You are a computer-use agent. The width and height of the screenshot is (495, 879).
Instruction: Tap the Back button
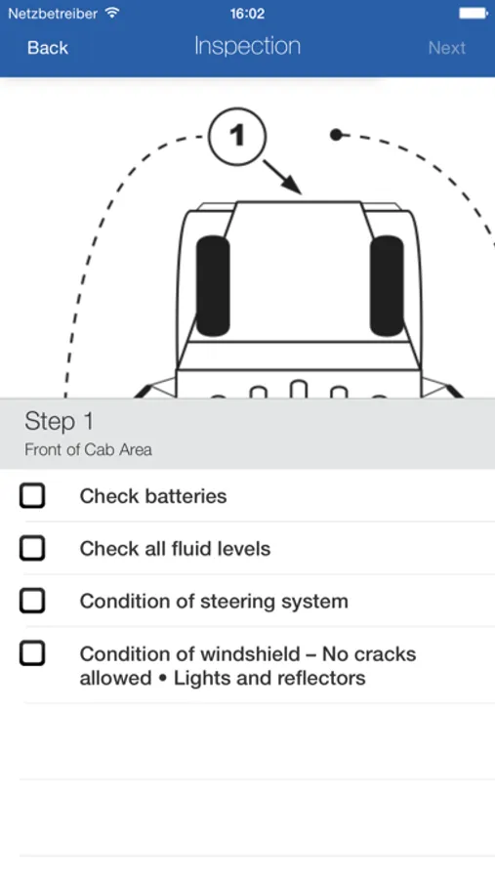coord(48,48)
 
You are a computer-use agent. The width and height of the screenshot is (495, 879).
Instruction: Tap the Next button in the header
coord(447,48)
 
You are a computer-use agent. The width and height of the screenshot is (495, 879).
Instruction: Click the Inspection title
coord(247,47)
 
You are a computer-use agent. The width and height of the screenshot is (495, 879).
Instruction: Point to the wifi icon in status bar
coord(112,13)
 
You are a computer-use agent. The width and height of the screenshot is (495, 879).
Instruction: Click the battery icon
coord(474,13)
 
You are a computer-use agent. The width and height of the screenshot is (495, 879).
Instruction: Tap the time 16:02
coord(247,14)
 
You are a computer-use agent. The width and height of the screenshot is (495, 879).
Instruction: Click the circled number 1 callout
coord(236,136)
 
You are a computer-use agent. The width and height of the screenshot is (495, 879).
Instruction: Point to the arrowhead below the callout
coord(293,185)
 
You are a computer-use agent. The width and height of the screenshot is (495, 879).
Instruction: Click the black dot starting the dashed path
coord(336,135)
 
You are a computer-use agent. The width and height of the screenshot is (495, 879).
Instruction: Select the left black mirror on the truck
coord(213,286)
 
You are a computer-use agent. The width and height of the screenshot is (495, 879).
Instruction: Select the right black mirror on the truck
coord(387,286)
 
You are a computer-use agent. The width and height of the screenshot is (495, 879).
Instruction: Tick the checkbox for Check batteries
coord(32,496)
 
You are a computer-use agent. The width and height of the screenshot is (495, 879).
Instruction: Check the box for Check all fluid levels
coord(32,548)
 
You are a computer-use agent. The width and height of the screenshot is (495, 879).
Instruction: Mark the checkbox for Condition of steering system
coord(32,601)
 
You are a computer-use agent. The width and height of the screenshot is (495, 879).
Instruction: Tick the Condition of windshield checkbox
coord(32,653)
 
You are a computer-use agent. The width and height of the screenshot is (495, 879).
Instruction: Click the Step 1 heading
coord(59,422)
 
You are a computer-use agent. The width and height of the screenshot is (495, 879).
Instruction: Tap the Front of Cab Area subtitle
coord(88,449)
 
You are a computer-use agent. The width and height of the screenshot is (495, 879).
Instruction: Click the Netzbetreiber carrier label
coord(53,14)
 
